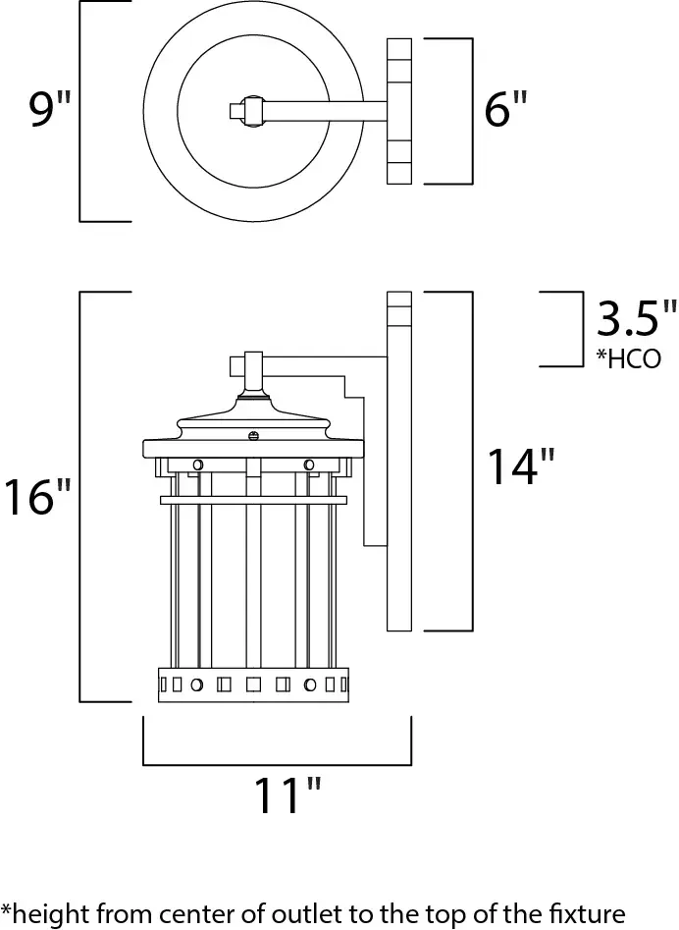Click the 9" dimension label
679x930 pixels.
click(x=50, y=109)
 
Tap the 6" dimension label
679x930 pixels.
click(x=505, y=109)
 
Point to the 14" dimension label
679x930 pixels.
click(x=521, y=466)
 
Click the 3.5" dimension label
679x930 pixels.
click(x=635, y=318)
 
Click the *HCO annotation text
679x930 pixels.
click(x=628, y=358)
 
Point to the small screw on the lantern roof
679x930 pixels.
click(x=253, y=436)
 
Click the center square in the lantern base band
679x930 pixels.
click(x=253, y=685)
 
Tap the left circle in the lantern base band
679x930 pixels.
click(x=196, y=685)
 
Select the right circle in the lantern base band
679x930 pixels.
click(x=310, y=685)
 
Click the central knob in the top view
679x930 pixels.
click(x=252, y=110)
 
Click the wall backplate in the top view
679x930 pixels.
click(x=398, y=111)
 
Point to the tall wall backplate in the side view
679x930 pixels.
click(x=398, y=461)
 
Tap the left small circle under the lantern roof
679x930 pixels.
click(x=198, y=465)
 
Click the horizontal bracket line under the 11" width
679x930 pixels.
click(x=278, y=764)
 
